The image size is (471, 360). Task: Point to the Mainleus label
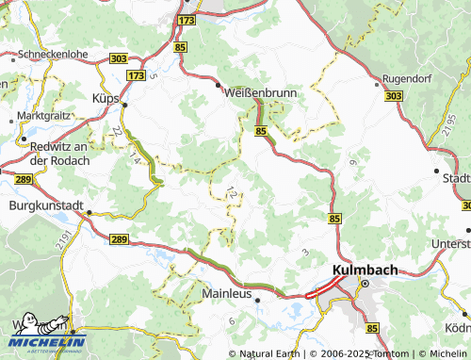[x=227, y=293]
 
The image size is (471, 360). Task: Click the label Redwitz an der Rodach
[x=58, y=155]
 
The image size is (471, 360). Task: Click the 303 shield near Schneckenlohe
[x=118, y=58]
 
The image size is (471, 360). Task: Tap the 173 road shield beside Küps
[x=137, y=74]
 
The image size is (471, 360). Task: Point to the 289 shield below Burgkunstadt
[x=118, y=241]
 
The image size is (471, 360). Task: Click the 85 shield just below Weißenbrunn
[x=259, y=132]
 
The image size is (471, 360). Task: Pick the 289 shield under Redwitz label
[x=23, y=177]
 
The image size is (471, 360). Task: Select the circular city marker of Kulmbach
[x=367, y=284]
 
